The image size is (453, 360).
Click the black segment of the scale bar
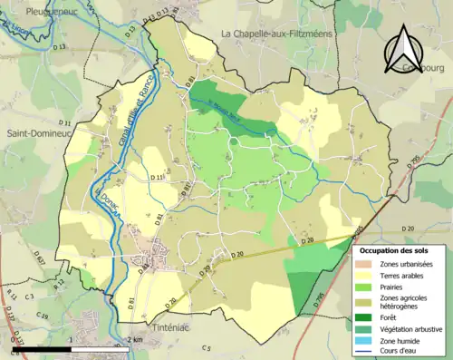[41, 348]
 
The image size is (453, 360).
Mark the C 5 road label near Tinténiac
[206, 347]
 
